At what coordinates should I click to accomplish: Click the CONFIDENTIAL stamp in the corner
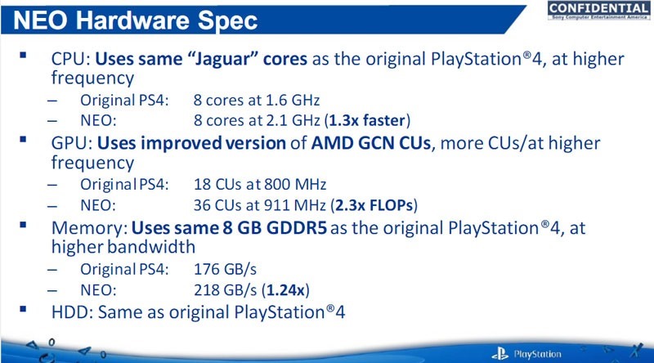pos(598,11)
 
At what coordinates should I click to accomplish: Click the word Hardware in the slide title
pos(132,20)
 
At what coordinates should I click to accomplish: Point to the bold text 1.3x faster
pos(367,120)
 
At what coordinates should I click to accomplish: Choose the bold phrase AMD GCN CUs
pos(371,143)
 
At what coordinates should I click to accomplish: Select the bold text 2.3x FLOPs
pos(374,205)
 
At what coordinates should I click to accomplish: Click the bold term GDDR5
pos(297,228)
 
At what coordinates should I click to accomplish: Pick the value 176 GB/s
pos(226,269)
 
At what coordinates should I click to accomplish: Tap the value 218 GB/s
pos(226,290)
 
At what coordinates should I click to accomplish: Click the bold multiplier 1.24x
pos(285,290)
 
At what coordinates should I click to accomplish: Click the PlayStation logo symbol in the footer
pos(500,354)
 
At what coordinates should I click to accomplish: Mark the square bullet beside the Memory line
pos(23,226)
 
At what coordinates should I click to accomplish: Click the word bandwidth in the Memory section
pos(151,247)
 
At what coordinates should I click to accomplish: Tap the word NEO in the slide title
pos(40,20)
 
